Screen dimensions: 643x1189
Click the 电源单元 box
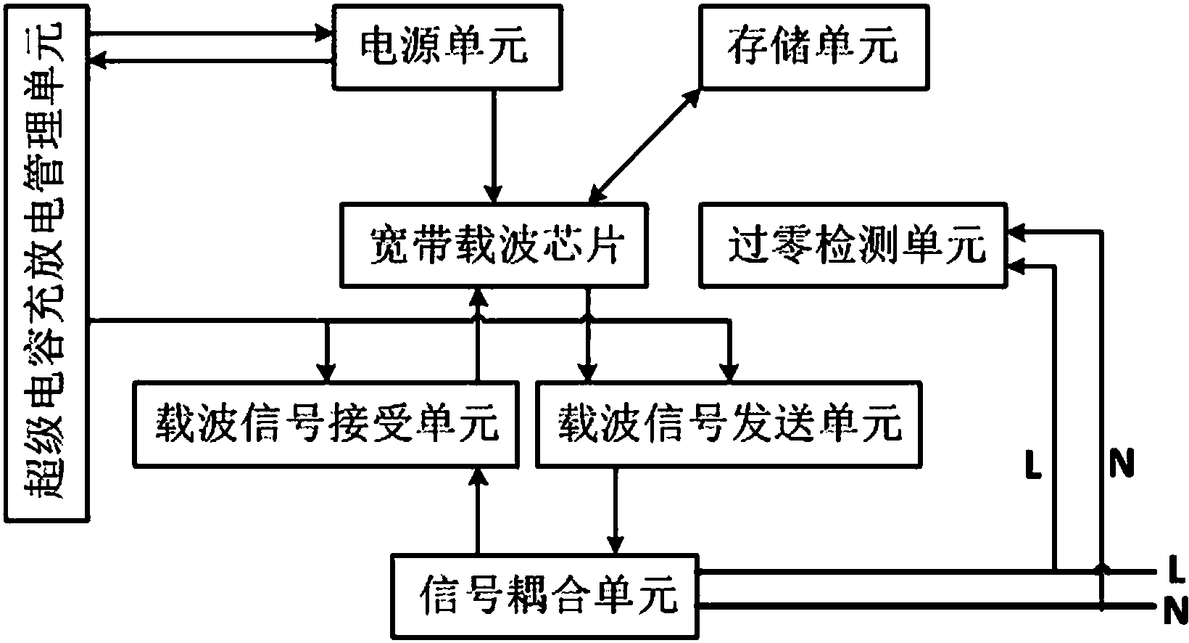pos(446,46)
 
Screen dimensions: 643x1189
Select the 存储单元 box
pos(813,46)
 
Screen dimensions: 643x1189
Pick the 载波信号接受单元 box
pos(326,424)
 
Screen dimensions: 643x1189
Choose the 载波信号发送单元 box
pos(728,424)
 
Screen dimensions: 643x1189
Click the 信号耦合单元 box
pos(544,597)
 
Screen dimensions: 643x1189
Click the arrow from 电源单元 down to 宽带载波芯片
pos(494,145)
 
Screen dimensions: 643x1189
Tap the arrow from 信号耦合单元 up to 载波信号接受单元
pos(476,512)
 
